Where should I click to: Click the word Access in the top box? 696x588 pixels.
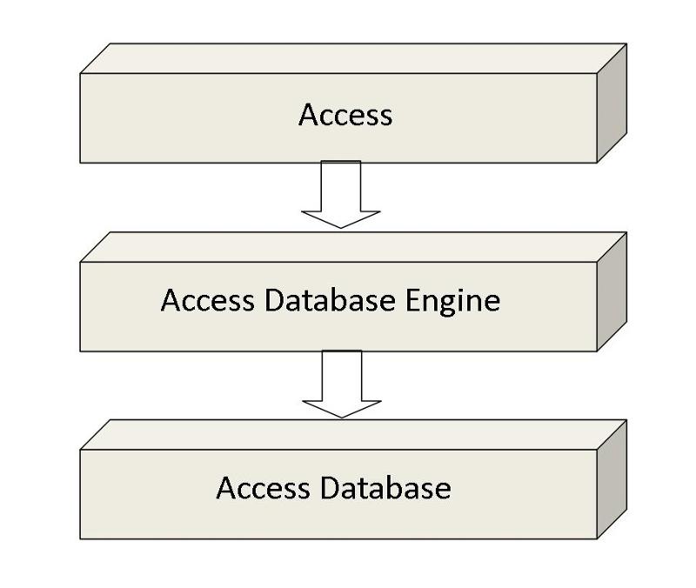[345, 115]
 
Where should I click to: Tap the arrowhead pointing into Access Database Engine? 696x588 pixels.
[341, 218]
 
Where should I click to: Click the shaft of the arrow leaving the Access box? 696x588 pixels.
[341, 184]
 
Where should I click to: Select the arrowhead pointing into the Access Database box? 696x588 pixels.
[341, 408]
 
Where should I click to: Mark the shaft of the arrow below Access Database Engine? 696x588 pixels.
[341, 374]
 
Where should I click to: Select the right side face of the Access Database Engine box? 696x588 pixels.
[612, 291]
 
